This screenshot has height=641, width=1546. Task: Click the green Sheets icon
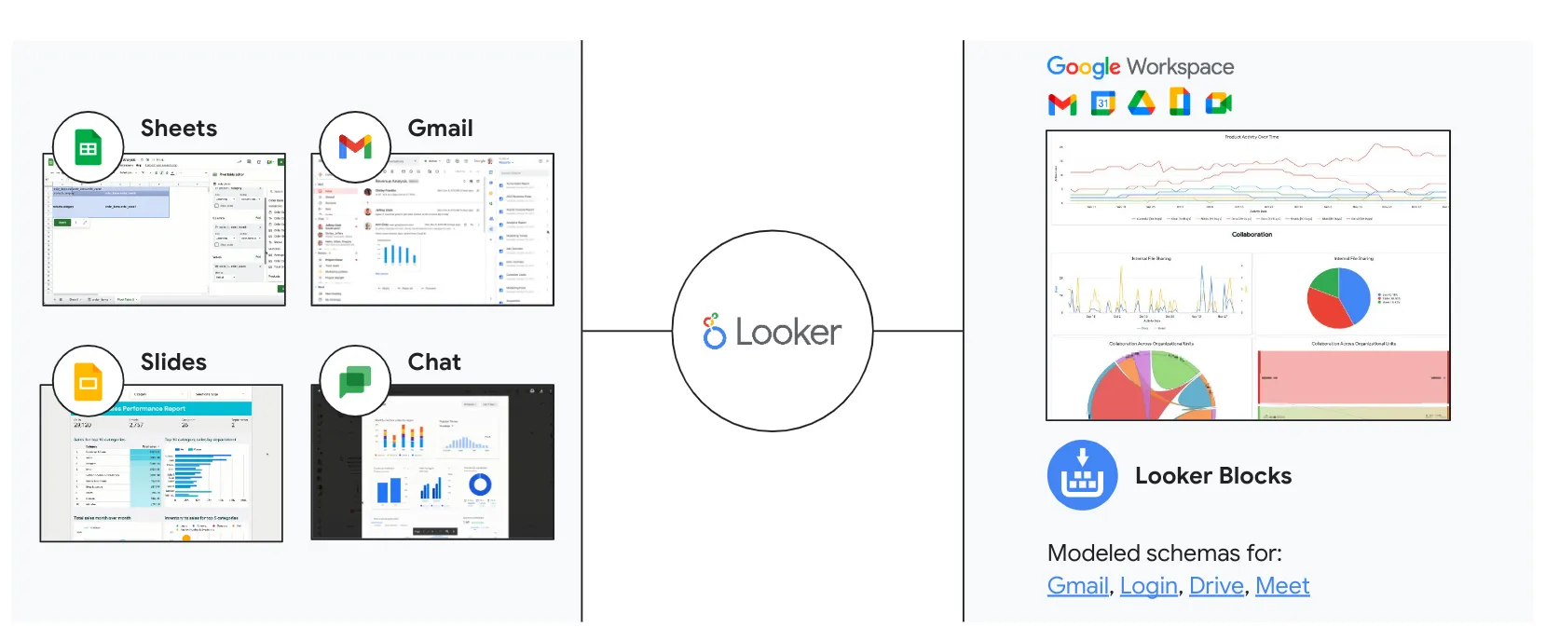click(89, 148)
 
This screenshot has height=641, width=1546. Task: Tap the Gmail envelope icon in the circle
click(355, 147)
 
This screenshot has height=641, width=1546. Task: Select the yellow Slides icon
click(89, 381)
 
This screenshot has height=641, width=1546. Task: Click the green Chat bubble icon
click(355, 381)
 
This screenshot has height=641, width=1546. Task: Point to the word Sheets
click(179, 129)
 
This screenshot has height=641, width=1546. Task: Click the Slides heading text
click(173, 362)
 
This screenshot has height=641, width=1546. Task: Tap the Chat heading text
click(434, 362)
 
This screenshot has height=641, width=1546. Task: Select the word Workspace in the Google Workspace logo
click(1180, 67)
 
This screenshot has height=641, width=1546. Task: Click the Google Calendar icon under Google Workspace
click(1102, 102)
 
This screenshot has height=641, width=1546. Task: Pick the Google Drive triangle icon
click(1142, 102)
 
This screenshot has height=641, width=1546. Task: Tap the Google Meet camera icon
click(1218, 102)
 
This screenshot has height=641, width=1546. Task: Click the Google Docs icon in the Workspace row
click(1180, 102)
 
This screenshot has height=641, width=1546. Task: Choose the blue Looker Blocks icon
click(1082, 475)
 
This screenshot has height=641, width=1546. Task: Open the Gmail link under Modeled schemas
click(1078, 586)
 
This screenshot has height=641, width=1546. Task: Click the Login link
click(1148, 586)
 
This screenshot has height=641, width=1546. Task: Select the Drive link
click(1216, 586)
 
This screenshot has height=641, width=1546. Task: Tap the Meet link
click(1282, 586)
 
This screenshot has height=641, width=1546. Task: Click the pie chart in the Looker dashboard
click(1338, 298)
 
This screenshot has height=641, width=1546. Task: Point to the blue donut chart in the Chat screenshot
click(480, 484)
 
